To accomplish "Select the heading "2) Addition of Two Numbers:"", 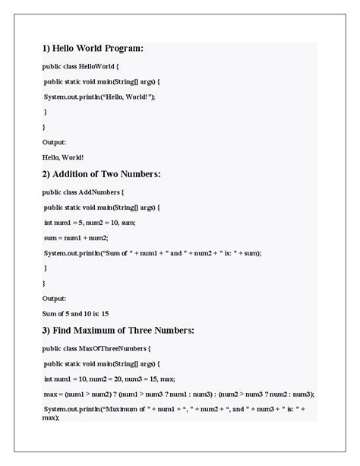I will coord(101,174).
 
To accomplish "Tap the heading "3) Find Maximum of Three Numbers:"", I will coord(118,330).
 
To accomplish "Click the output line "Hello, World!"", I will coord(63,157).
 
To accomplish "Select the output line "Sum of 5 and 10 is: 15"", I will coord(76,313).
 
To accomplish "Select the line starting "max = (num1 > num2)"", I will coord(178,394).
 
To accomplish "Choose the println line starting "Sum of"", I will coord(152,252).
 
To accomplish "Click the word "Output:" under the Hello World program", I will coord(54,142).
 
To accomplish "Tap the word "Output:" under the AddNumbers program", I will coord(54,298).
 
